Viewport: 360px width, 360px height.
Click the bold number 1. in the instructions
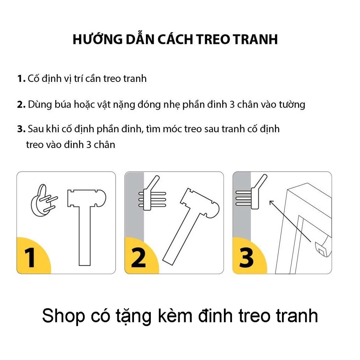click(21, 78)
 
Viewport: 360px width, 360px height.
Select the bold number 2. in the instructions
click(21, 104)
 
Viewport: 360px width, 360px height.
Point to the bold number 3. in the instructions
click(21, 129)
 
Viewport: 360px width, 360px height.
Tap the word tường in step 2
click(291, 104)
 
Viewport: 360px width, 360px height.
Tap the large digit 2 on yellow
click(139, 257)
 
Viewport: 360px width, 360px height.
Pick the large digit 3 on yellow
click(246, 257)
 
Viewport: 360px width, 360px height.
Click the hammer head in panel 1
click(87, 199)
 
